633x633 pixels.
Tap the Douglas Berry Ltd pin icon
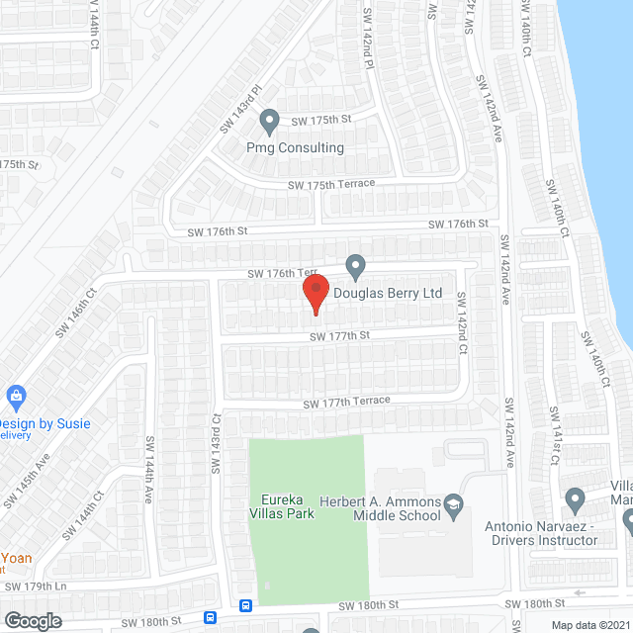point(356,266)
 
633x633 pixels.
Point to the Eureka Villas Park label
point(282,506)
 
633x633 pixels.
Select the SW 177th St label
point(339,336)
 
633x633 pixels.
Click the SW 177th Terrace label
point(346,402)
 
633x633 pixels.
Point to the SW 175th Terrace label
point(332,185)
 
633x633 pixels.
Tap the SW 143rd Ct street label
point(215,443)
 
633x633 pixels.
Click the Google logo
point(33,620)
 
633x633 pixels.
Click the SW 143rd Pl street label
point(240,108)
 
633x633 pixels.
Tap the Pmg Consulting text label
point(295,148)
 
